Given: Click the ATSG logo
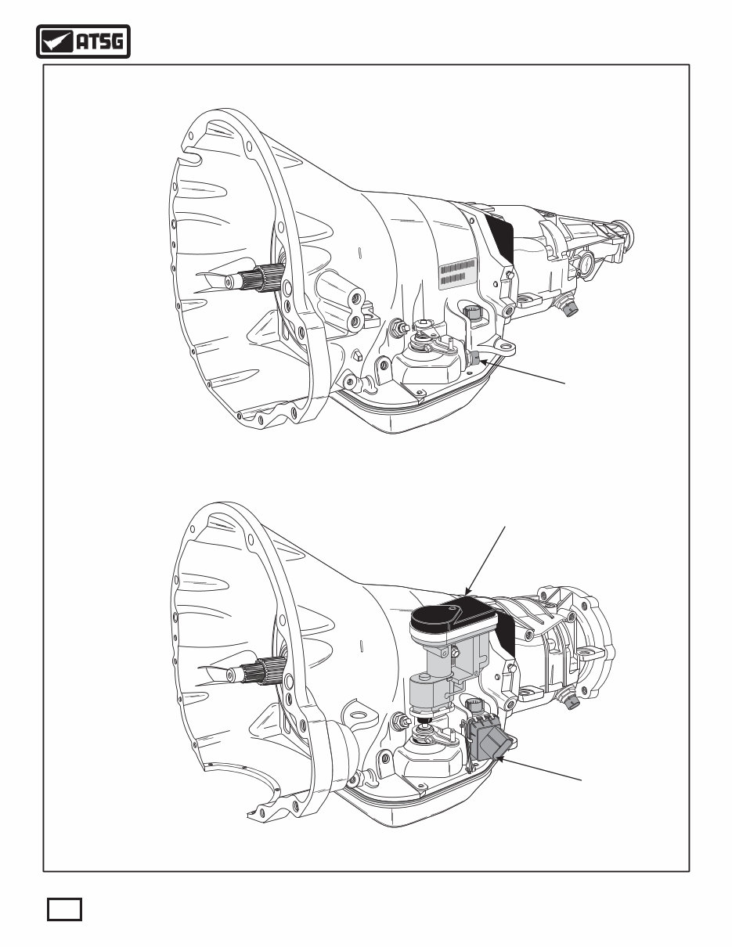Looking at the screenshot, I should (83, 42).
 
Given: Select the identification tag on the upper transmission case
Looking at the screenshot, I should (458, 274).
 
